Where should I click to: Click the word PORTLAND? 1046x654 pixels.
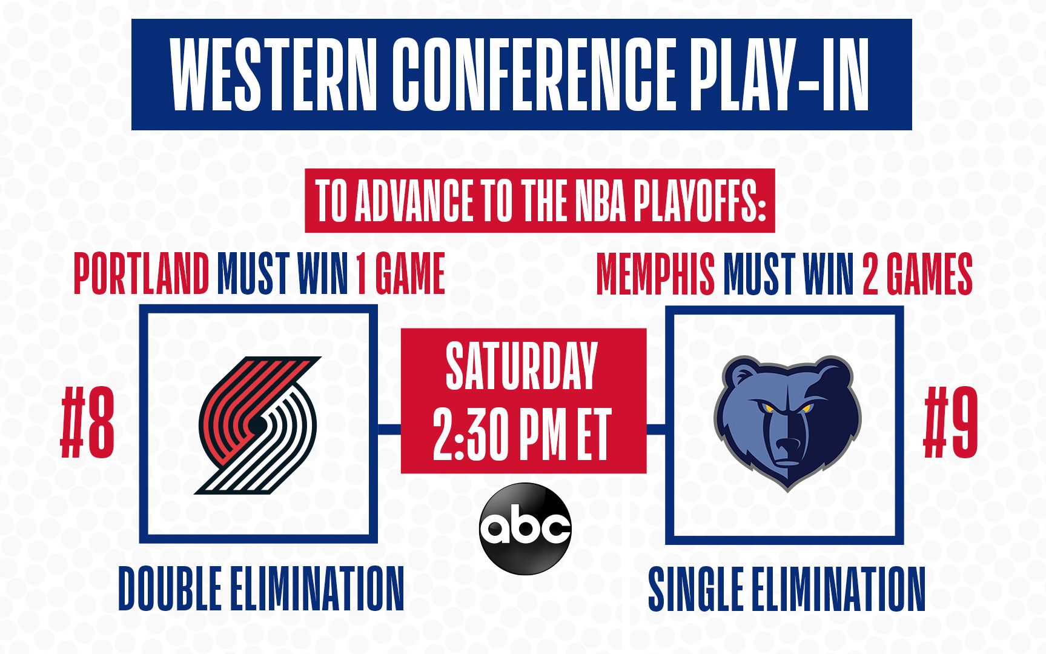tap(141, 274)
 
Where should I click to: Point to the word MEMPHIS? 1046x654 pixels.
tap(655, 275)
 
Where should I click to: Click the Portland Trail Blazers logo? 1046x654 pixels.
tap(257, 425)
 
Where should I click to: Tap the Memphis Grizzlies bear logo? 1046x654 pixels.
tap(787, 422)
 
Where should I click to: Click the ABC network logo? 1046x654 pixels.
tap(525, 528)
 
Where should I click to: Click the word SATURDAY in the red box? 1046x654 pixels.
tap(521, 366)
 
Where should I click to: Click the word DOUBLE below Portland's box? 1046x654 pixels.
tap(170, 588)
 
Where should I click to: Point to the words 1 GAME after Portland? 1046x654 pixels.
tap(400, 274)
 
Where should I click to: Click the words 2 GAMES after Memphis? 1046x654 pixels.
tap(918, 275)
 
